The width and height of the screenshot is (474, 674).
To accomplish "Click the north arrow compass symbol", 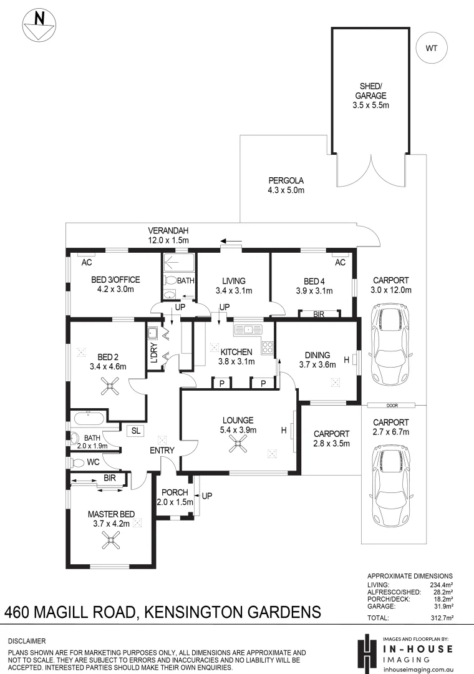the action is click(39, 26).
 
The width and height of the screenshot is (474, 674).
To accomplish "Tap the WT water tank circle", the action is click(432, 48).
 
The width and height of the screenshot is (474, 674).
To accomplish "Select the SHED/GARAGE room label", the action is click(370, 95).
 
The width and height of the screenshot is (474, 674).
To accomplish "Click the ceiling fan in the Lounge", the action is click(238, 443).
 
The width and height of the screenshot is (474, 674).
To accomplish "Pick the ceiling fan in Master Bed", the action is click(111, 540).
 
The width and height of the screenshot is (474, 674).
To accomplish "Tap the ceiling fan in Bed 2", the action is click(109, 386).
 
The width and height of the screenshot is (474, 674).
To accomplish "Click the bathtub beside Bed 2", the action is click(89, 418).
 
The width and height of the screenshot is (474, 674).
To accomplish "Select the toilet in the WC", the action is click(77, 463).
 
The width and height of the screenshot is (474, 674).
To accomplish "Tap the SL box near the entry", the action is click(136, 431).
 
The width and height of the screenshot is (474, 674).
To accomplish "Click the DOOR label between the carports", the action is click(392, 406).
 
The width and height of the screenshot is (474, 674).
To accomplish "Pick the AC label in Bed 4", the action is click(340, 262).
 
